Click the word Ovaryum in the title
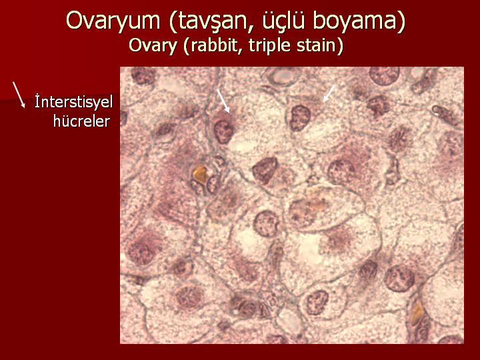113,21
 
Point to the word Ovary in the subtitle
153,46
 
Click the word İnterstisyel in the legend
74,102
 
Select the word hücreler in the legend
81,121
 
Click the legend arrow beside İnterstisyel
19,95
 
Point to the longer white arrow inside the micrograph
223,101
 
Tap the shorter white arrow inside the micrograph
329,94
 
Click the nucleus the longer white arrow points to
224,131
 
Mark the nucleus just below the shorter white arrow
300,118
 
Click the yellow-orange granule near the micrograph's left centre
200,174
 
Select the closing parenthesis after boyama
401,21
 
